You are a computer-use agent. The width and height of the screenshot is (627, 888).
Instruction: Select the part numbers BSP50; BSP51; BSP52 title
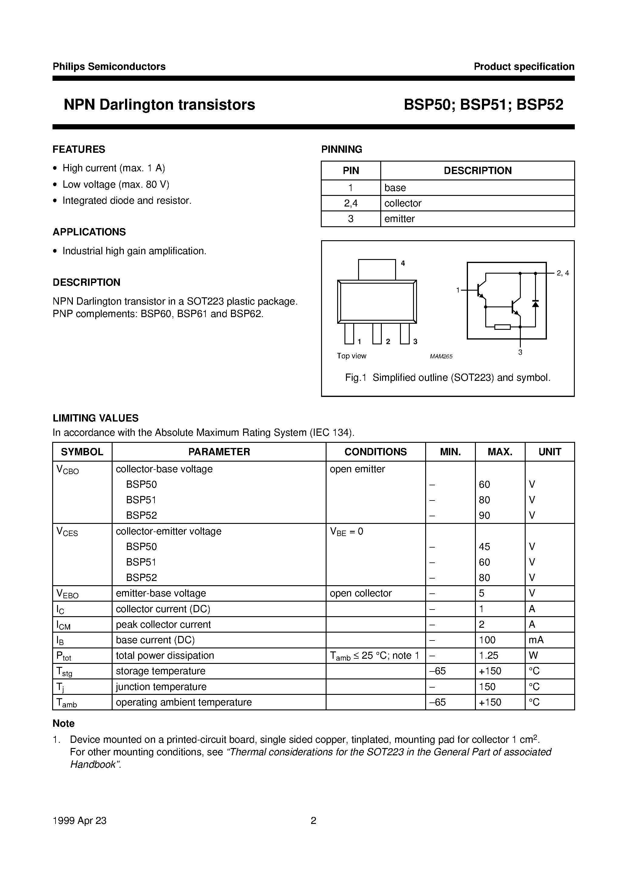(483, 105)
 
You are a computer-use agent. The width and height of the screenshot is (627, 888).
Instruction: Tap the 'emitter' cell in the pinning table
(399, 219)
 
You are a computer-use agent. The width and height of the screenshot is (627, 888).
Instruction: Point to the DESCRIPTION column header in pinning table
(477, 171)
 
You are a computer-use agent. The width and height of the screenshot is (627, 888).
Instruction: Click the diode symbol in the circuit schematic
(535, 304)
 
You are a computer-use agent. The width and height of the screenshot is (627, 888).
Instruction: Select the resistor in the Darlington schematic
(503, 327)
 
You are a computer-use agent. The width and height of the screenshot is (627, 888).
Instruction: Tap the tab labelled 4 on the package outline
(377, 269)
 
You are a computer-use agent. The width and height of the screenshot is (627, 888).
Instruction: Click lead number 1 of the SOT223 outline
(349, 333)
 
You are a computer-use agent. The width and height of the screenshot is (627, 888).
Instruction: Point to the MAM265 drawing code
(441, 357)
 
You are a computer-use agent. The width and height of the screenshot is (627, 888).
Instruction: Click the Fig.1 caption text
(448, 377)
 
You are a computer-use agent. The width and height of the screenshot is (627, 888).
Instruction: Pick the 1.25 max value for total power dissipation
(489, 656)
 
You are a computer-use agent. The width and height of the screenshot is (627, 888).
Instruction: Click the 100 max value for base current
(487, 640)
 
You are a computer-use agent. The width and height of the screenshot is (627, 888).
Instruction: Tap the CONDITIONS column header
(375, 452)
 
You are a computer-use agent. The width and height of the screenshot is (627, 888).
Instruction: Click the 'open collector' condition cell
(360, 593)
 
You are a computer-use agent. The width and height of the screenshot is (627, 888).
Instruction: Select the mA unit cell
(536, 640)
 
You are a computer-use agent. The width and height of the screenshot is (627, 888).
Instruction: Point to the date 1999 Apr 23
(79, 821)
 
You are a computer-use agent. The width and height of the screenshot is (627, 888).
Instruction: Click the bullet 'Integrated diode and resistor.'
(127, 201)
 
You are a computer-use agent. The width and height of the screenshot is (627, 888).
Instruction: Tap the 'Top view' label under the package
(351, 356)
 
